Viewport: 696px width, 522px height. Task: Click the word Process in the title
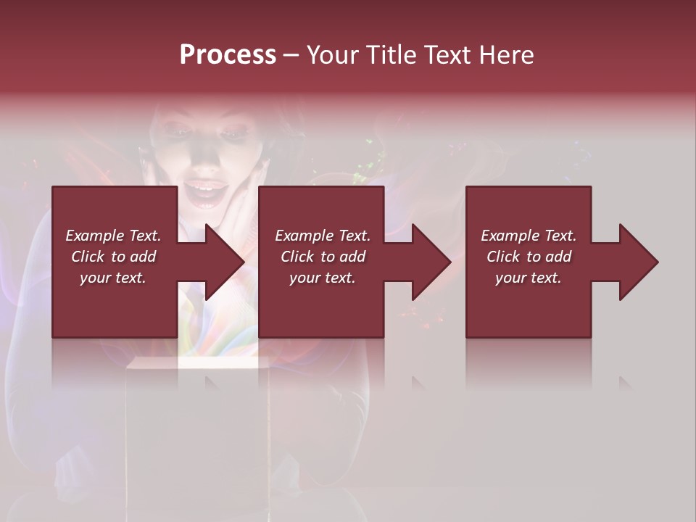tap(228, 55)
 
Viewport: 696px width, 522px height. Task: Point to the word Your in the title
tap(333, 55)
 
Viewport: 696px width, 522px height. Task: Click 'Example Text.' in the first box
tap(113, 236)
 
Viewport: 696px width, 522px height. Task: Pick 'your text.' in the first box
tap(113, 278)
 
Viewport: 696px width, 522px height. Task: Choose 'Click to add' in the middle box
tap(323, 257)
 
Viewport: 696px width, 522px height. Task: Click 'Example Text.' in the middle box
tap(323, 236)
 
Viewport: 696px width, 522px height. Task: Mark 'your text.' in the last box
tap(529, 278)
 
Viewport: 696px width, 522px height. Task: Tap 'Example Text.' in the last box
tap(529, 236)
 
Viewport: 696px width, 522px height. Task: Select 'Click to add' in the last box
tap(529, 257)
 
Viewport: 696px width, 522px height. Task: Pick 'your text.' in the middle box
tap(323, 278)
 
